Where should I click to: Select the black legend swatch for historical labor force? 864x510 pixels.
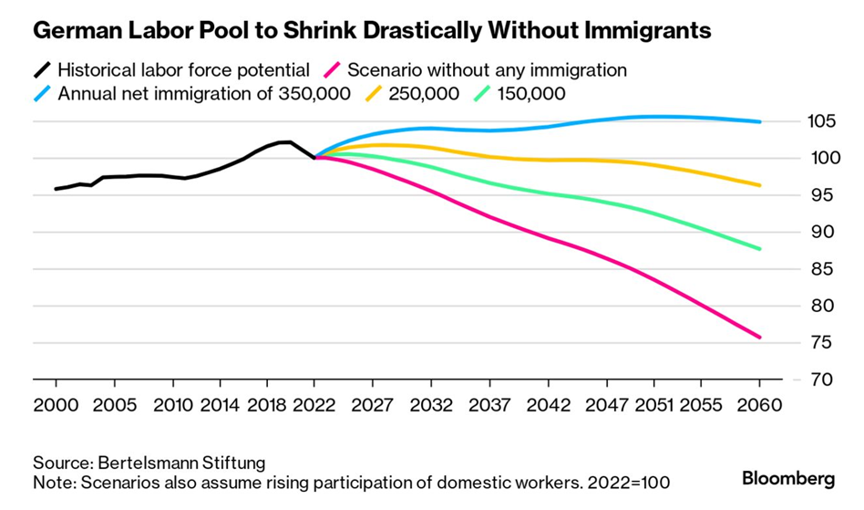(43, 69)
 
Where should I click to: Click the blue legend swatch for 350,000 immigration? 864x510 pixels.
(43, 93)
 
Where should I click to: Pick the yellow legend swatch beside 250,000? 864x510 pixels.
(375, 93)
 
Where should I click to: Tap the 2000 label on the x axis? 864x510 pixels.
(56, 404)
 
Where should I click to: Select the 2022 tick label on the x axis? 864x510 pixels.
(314, 404)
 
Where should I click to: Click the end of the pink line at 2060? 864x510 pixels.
(759, 338)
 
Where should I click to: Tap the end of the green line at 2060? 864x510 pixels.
(759, 249)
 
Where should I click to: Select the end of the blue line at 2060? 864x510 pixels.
(759, 121)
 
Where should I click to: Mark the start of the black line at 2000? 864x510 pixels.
(56, 189)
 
